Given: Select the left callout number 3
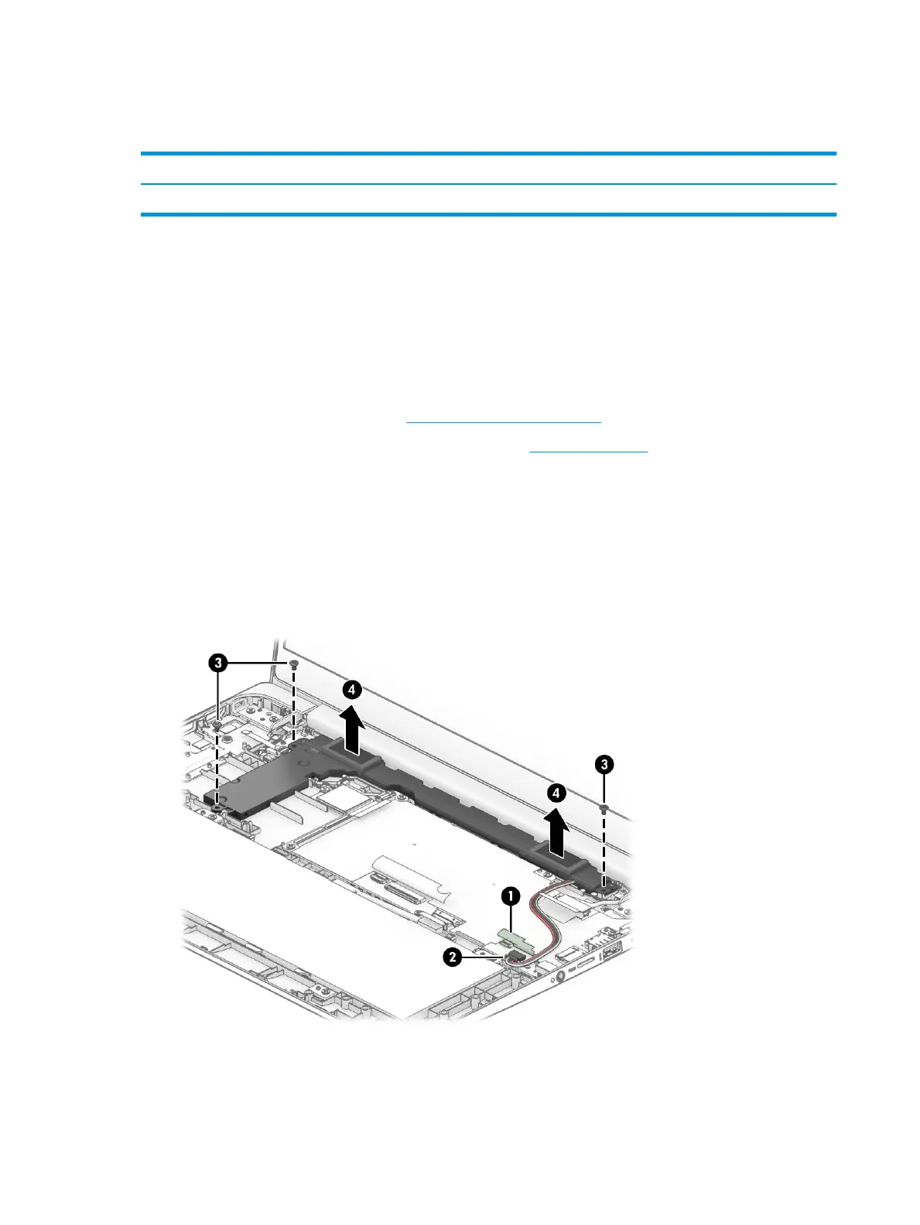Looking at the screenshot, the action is pos(219,663).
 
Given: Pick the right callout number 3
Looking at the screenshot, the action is pos(604,765).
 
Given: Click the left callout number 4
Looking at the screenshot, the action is pos(352,689).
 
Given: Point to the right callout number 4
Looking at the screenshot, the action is pos(556,793).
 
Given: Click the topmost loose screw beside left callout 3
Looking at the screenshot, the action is pos(294,664).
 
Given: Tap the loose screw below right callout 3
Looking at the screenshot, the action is pos(604,807).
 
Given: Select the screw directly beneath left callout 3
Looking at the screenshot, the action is pos(219,725).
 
